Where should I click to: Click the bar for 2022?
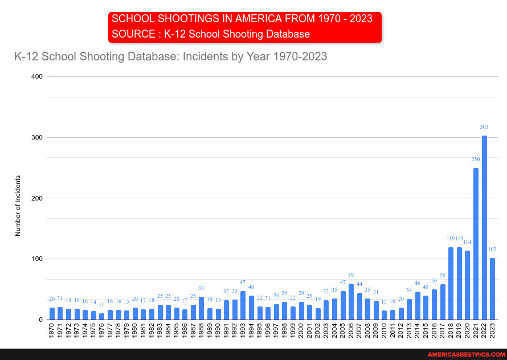pyautogui.click(x=484, y=228)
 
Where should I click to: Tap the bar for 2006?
pyautogui.click(x=351, y=302)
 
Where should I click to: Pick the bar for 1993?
pyautogui.click(x=243, y=305)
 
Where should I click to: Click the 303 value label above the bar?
pyautogui.click(x=484, y=127)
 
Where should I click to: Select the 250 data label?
pyautogui.click(x=476, y=159)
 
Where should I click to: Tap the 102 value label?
pyautogui.click(x=493, y=249)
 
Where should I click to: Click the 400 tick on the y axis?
pyautogui.click(x=36, y=76)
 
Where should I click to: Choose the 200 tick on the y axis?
pyautogui.click(x=36, y=198)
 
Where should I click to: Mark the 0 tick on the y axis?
pyautogui.click(x=40, y=320)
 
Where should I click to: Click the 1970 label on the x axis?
pyautogui.click(x=52, y=333)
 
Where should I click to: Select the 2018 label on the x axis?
pyautogui.click(x=451, y=333)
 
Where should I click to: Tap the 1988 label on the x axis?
pyautogui.click(x=201, y=333)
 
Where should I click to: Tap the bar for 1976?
pyautogui.click(x=101, y=316)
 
